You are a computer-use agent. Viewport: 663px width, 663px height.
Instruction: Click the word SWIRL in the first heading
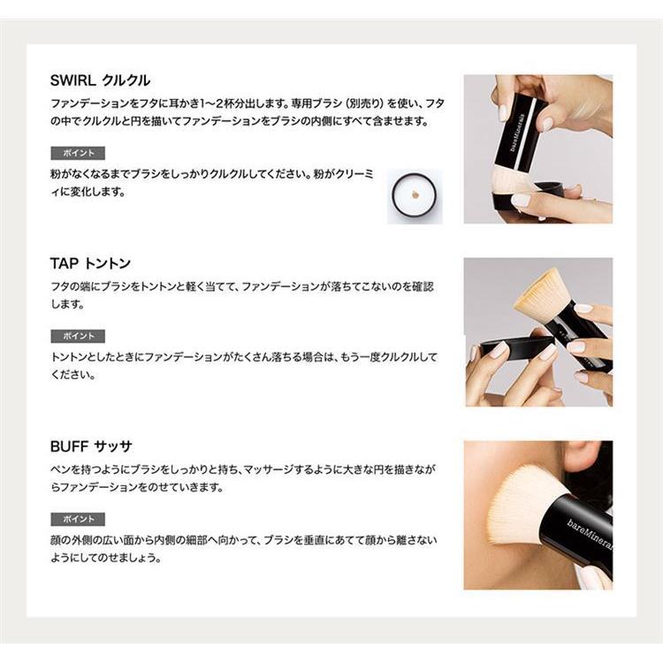tap(72, 80)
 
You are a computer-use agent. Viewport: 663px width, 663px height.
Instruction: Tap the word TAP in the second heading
tap(65, 263)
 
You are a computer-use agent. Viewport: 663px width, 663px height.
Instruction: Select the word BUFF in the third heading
tap(69, 446)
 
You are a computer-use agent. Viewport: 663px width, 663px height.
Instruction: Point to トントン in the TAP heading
tap(107, 263)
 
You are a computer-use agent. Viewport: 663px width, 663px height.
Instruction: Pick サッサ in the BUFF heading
tap(113, 446)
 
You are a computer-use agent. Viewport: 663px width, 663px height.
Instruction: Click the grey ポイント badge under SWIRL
tap(78, 153)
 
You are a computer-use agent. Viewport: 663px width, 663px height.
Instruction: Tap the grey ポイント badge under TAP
tap(78, 336)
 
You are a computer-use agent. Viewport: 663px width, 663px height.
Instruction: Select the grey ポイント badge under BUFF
tap(78, 519)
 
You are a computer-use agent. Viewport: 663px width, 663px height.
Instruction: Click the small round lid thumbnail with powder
tap(415, 196)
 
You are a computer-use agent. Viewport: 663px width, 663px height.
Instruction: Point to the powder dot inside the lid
tap(415, 195)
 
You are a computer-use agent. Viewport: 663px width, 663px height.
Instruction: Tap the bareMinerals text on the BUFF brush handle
tap(590, 535)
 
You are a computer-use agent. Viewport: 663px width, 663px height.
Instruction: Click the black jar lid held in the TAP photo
tap(517, 344)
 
